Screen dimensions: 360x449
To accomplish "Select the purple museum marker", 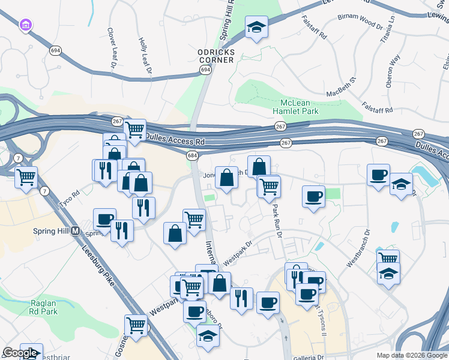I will [25, 25].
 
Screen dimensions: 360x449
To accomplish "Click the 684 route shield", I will [192, 156].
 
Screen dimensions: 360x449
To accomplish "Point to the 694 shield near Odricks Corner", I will [205, 71].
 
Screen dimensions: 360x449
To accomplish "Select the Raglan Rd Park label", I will [43, 307].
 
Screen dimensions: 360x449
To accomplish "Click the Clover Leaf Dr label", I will [112, 47].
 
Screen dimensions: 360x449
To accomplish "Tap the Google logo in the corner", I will [20, 353].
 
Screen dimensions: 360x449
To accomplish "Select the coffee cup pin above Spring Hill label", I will [104, 218].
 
